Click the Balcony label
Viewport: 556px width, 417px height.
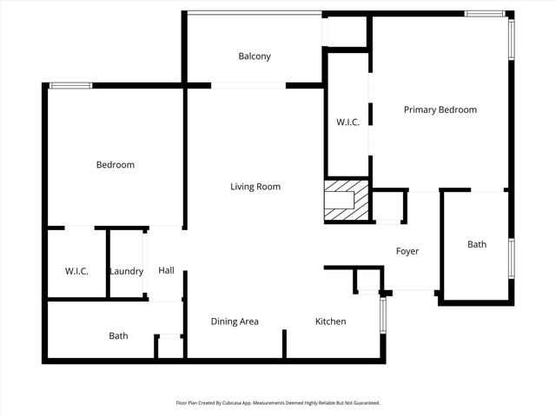click(x=255, y=56)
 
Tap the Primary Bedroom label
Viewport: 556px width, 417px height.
click(x=440, y=110)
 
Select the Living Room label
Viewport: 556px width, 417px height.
click(x=255, y=187)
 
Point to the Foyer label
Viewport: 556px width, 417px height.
click(x=407, y=252)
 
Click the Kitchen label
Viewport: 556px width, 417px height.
click(x=330, y=321)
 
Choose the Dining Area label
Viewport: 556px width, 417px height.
click(x=235, y=321)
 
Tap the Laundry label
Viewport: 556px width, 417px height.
click(x=126, y=272)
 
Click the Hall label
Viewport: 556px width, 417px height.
click(x=166, y=271)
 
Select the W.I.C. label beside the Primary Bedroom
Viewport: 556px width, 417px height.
click(x=347, y=122)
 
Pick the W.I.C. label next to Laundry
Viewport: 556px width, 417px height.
click(x=76, y=272)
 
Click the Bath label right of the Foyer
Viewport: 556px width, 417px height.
click(x=477, y=245)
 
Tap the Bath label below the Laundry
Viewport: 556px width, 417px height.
click(x=118, y=336)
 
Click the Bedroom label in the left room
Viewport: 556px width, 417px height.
click(x=115, y=165)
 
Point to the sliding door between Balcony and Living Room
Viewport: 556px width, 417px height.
click(x=248, y=85)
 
